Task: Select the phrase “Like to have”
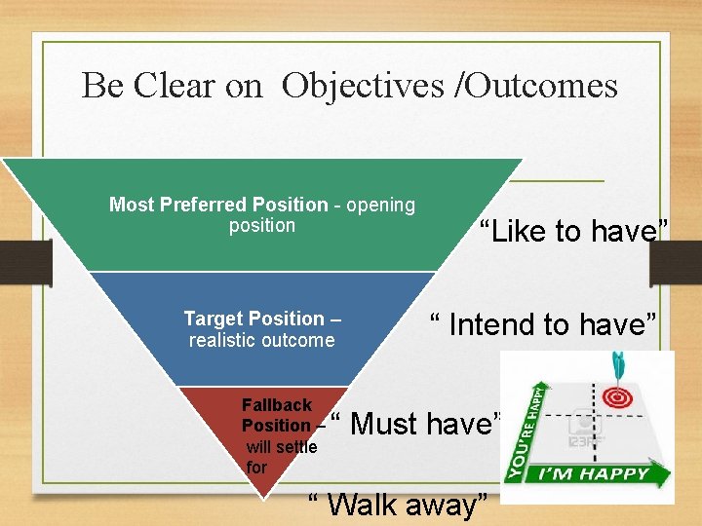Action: (x=574, y=232)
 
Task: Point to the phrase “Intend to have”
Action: (x=544, y=323)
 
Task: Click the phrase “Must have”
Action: (x=418, y=424)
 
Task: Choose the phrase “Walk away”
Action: (x=398, y=505)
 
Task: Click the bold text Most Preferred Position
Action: (x=218, y=205)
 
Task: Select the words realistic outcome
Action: (x=261, y=340)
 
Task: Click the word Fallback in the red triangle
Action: (x=277, y=404)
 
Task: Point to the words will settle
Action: (x=282, y=447)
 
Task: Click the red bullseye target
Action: (x=615, y=398)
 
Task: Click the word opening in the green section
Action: (x=380, y=205)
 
